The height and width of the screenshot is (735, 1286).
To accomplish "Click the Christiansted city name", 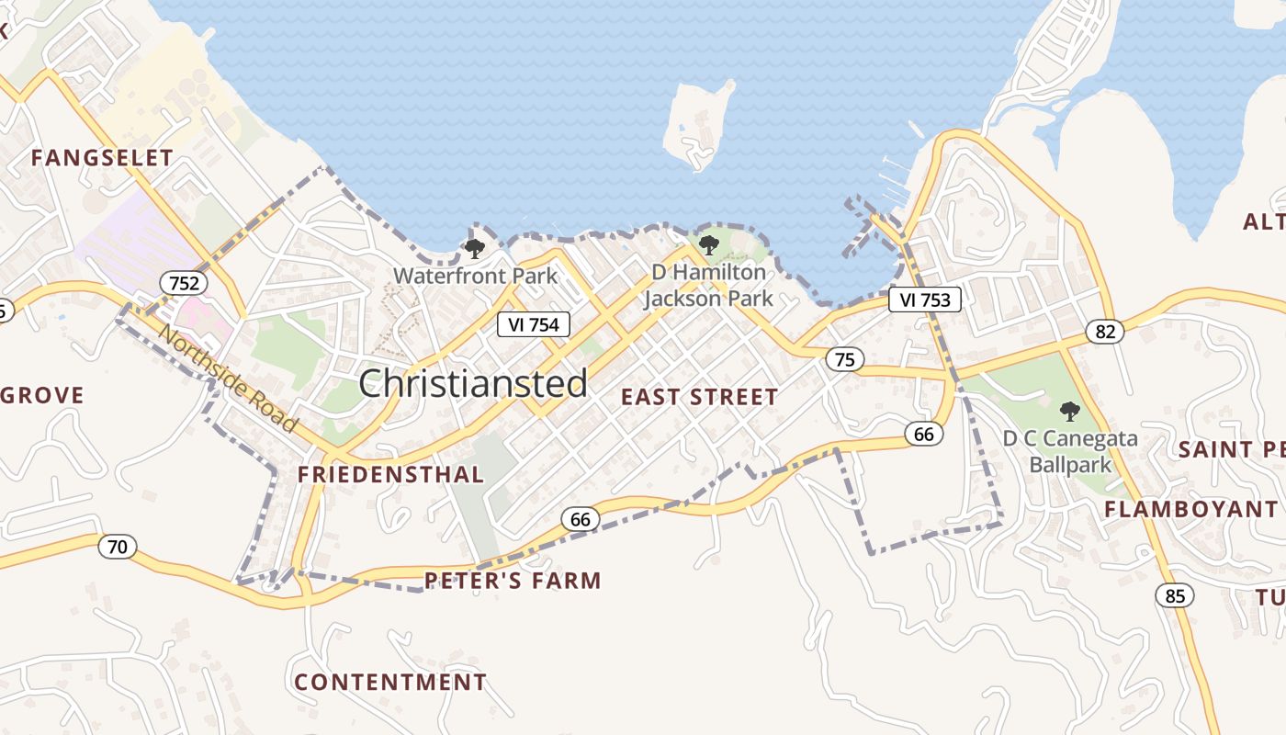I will coord(473,383).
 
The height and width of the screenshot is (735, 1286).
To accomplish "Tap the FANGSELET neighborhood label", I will coord(102,158).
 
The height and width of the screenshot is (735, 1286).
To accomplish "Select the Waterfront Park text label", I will coord(475,276).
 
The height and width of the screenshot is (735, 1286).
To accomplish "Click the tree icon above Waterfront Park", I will coord(474,248).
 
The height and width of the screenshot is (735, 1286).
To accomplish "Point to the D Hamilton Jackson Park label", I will coord(708,286).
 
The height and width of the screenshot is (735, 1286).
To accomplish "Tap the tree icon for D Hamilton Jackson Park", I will coord(708,245).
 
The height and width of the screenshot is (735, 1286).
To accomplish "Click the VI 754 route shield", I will coord(534,324).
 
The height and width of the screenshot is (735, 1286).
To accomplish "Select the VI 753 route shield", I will coord(925,300).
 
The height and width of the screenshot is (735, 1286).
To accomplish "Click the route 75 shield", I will coord(844,359).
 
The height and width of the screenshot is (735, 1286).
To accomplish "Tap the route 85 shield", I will coord(1175,595).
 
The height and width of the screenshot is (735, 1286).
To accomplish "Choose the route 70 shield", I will coord(118,548).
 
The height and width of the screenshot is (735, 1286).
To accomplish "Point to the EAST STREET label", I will coord(700,397).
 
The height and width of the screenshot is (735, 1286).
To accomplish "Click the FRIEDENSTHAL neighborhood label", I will coord(390,474).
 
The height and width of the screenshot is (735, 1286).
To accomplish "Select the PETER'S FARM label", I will coord(513,581).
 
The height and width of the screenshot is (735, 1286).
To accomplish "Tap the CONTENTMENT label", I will coord(390,683).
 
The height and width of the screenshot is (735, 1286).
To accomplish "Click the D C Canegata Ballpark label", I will coord(1070,451).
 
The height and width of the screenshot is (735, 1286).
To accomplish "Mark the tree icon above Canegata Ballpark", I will coord(1069,411).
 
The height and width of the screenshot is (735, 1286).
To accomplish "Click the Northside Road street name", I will coord(229,378).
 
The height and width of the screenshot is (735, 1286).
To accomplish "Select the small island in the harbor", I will coord(700,124).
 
